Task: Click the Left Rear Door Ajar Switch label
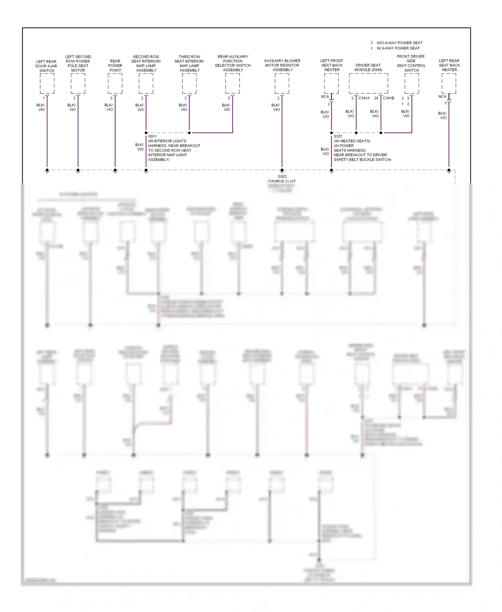pyautogui.click(x=47, y=66)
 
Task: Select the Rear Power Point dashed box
pyautogui.click(x=115, y=83)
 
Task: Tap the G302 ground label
pyautogui.click(x=282, y=176)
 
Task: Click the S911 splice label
pyautogui.click(x=152, y=136)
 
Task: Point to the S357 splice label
pyautogui.click(x=338, y=136)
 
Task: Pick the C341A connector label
pyautogui.click(x=364, y=98)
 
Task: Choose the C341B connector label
pyautogui.click(x=389, y=98)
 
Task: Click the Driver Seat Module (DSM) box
pyautogui.click(x=368, y=83)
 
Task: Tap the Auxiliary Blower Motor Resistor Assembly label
pyautogui.click(x=282, y=65)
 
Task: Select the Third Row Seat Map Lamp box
pyautogui.click(x=189, y=83)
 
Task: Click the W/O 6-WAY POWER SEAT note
pyautogui.click(x=399, y=43)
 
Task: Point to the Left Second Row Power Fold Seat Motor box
pyautogui.click(x=78, y=83)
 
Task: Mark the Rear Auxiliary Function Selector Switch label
pyautogui.click(x=233, y=63)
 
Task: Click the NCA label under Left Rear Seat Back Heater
pyautogui.click(x=442, y=96)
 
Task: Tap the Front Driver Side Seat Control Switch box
pyautogui.click(x=412, y=83)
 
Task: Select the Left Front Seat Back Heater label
pyautogui.click(x=332, y=65)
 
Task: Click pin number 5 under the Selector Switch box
pyautogui.click(x=229, y=98)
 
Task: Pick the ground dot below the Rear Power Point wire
pyautogui.click(x=115, y=170)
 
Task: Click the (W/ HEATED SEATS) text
pyautogui.click(x=352, y=141)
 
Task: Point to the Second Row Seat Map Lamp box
pyautogui.click(x=146, y=83)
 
